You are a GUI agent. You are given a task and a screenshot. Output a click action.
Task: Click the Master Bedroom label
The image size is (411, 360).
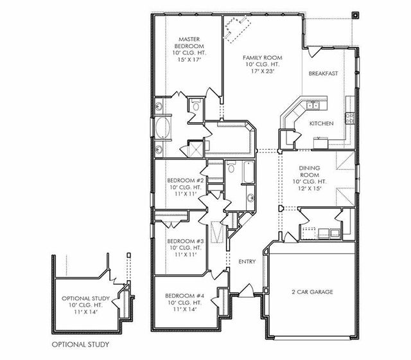click(189, 42)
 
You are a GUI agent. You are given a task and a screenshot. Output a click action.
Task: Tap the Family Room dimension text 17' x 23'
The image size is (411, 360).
click(263, 71)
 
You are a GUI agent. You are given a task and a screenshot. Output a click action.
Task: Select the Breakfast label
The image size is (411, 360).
click(323, 73)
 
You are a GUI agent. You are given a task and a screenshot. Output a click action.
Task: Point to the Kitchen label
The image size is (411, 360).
click(321, 123)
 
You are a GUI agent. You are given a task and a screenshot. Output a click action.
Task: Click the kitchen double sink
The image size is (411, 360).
click(313, 105)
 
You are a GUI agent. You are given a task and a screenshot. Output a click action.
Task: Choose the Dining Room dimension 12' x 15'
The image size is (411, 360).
click(310, 188)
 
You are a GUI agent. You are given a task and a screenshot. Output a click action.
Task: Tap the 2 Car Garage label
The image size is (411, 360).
click(313, 292)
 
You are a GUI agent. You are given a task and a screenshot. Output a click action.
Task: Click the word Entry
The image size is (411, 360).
click(247, 262)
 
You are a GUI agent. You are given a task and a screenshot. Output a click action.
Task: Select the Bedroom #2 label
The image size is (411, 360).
click(186, 181)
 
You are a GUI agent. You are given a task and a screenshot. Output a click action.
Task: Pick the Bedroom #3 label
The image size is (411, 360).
click(186, 241)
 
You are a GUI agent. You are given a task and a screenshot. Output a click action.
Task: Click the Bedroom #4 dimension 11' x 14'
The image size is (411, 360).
click(185, 309)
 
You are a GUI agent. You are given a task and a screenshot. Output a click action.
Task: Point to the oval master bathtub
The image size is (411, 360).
click(163, 127)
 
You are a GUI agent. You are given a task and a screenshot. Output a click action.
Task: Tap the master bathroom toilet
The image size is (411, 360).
click(195, 105)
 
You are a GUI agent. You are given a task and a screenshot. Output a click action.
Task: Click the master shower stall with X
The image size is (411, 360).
click(196, 148)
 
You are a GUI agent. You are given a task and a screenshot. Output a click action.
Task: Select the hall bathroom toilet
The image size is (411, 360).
click(231, 167)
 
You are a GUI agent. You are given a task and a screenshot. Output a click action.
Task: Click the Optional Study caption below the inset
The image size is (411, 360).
click(80, 345)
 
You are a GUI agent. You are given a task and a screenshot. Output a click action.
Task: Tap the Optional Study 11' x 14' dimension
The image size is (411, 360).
click(85, 312)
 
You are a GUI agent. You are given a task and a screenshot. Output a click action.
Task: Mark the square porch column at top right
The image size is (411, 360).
click(355, 15)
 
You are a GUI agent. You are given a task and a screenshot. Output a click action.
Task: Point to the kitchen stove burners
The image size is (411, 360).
click(349, 118)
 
